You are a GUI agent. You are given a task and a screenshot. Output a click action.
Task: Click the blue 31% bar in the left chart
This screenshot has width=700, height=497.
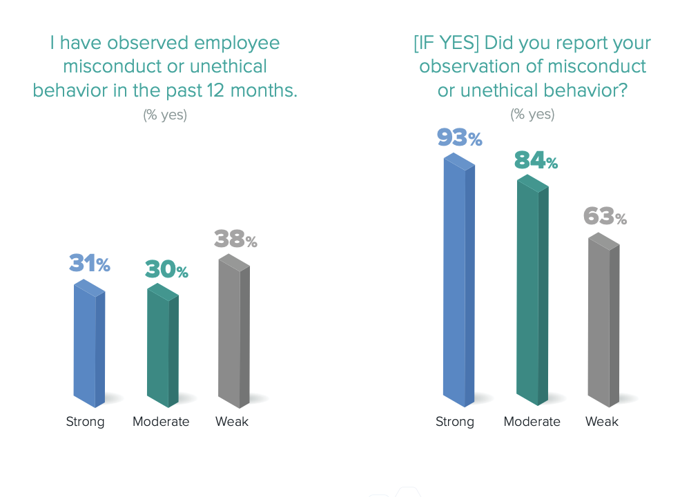(89, 345)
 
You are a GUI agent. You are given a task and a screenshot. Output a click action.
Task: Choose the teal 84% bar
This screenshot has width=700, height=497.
(532, 293)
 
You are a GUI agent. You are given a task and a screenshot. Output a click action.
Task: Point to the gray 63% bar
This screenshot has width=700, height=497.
(603, 322)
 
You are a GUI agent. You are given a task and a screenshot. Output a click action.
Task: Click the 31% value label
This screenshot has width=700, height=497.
(90, 264)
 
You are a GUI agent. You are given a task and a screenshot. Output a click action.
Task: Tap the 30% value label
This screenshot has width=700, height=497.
(166, 270)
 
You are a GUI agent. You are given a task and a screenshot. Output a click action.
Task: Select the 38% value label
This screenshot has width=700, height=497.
(235, 240)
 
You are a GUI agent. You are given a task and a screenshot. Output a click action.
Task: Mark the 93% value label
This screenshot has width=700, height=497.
(459, 137)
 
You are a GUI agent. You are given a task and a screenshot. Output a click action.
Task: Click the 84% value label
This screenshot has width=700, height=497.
(536, 160)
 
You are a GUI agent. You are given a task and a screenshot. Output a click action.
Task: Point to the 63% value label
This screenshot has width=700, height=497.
(605, 217)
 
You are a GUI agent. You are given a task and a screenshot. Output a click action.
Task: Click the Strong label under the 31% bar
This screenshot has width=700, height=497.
(86, 422)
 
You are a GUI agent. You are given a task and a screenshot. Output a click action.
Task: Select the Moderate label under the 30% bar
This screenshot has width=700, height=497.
(161, 422)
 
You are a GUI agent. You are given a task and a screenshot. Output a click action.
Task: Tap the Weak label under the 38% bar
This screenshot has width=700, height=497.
(232, 422)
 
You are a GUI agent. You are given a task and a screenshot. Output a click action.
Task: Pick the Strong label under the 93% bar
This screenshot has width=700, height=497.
(455, 422)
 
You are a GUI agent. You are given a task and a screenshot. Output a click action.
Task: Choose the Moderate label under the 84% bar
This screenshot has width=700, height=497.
(532, 422)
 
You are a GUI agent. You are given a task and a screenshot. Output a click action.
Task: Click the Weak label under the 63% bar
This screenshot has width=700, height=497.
(602, 422)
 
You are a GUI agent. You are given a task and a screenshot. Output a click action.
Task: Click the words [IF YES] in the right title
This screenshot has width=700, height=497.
(446, 43)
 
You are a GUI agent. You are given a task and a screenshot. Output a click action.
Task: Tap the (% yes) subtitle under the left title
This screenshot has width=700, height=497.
(165, 115)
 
